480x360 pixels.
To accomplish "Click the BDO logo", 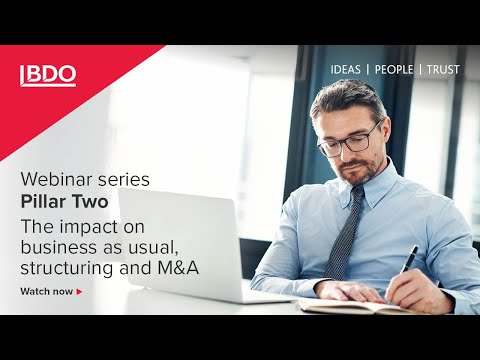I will (48, 75).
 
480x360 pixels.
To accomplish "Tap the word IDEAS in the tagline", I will (346, 70).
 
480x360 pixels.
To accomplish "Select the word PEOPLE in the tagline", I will (395, 70).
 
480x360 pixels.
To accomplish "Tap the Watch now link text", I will (46, 292).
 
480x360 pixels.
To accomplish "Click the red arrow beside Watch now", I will (79, 292).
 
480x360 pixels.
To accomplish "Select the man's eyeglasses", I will (350, 139).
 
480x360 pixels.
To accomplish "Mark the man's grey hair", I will (345, 95).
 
